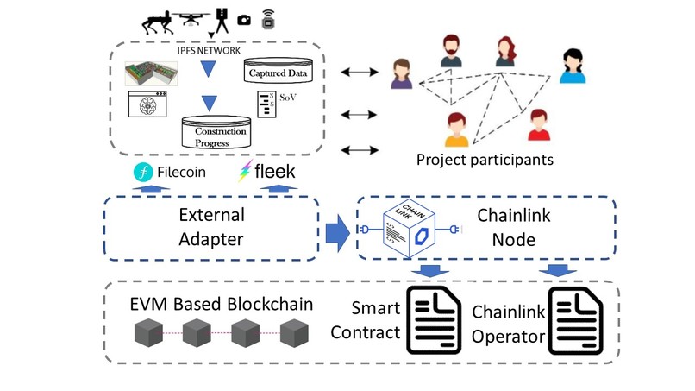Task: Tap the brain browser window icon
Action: pos(147,104)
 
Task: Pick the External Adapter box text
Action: pos(211,226)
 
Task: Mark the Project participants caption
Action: pos(484,159)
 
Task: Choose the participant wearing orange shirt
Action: pos(457,129)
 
